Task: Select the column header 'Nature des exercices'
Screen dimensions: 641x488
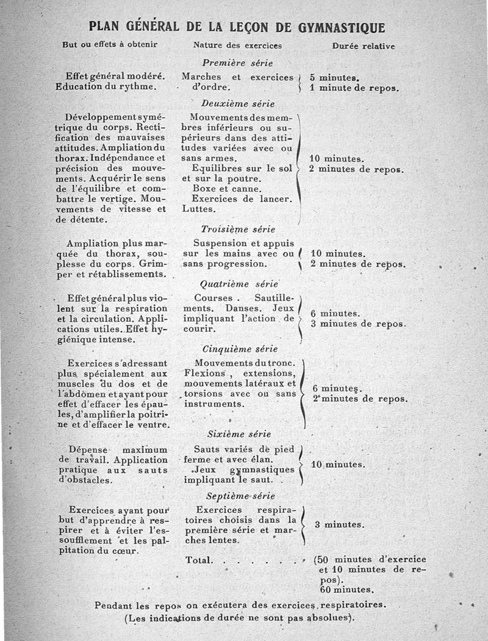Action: click(237, 46)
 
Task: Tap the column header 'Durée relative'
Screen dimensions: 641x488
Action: click(363, 46)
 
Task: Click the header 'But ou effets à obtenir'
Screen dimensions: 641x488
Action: click(110, 45)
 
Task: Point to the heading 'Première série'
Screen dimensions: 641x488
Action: click(237, 63)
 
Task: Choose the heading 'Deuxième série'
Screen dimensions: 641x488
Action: click(238, 104)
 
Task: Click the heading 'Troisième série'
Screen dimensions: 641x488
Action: click(238, 230)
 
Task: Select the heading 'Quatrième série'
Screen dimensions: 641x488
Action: click(239, 284)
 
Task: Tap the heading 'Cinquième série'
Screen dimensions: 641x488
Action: click(240, 349)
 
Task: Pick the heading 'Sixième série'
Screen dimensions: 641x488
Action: click(239, 435)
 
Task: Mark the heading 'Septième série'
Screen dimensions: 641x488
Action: click(240, 496)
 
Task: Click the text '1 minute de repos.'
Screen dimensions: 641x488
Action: click(354, 88)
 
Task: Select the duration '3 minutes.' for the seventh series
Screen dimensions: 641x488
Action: click(339, 524)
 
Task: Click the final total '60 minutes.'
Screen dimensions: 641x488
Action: click(346, 590)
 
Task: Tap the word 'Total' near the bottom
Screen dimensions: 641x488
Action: click(199, 560)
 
